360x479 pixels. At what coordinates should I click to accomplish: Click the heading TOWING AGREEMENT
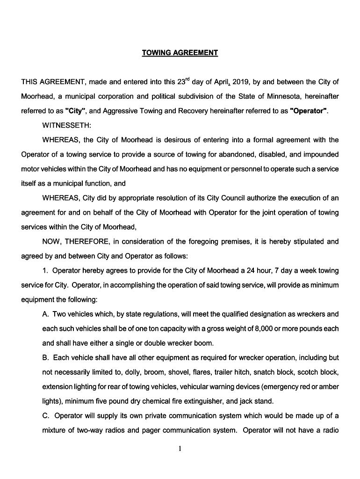[180, 53]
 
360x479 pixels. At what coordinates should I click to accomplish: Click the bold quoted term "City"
[75, 111]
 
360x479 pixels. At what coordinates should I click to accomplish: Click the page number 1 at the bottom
[180, 450]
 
